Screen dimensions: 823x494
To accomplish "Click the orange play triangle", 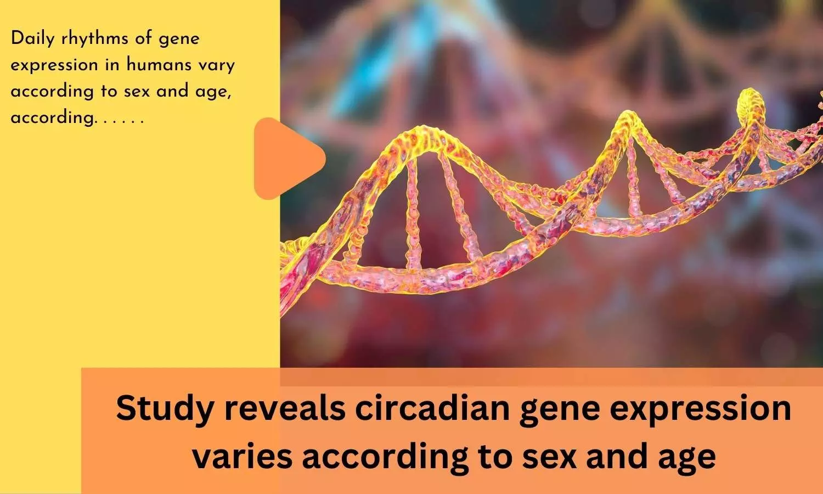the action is coord(286,159).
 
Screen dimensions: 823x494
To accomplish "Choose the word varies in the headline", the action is coord(243,456).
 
